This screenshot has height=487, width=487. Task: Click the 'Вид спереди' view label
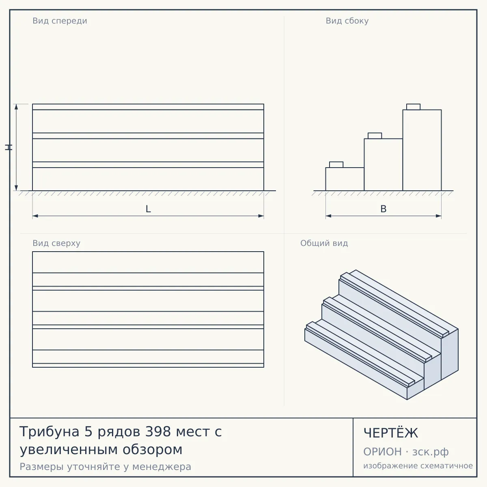tap(60, 21)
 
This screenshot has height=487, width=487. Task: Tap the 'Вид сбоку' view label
tap(347, 21)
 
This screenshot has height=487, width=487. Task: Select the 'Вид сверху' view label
tap(56, 243)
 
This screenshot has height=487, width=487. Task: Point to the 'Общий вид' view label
tap(324, 243)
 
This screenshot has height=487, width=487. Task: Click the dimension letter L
tap(149, 209)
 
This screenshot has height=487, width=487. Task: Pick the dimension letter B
tap(384, 209)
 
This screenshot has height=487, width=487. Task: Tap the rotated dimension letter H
tap(9, 147)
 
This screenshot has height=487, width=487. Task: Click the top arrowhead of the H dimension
tap(16, 107)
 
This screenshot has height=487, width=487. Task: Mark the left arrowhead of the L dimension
tap(35, 216)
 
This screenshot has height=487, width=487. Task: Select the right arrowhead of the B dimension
tap(438, 216)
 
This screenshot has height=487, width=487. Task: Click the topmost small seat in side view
tap(413, 107)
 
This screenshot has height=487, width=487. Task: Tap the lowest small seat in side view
tap(336, 164)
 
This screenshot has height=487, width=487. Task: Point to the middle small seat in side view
tap(375, 136)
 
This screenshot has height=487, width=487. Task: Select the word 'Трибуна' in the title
tap(50, 432)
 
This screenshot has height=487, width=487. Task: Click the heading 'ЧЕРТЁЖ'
tap(391, 433)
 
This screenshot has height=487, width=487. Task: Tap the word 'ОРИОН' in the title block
tap(382, 452)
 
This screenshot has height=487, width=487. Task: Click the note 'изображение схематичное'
tap(418, 465)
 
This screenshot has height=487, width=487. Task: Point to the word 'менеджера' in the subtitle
tap(162, 467)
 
